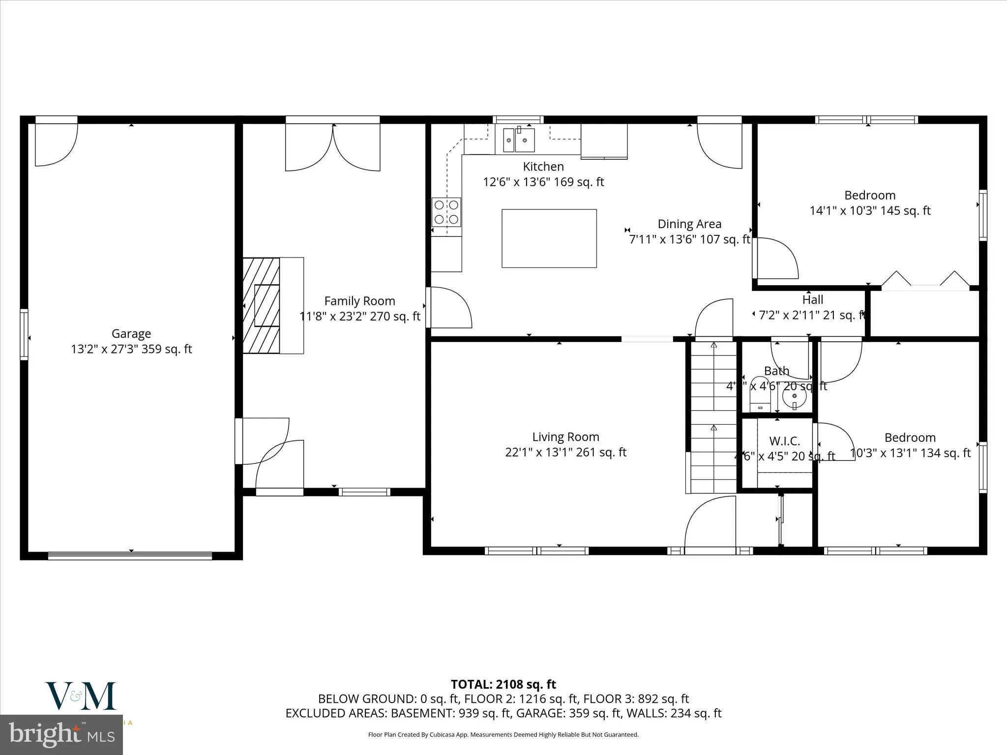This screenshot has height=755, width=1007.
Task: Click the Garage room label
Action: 131,334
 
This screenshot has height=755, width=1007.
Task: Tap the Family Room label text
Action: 359,301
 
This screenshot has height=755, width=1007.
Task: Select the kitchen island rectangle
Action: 549,238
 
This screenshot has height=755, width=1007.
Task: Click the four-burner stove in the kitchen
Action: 446,212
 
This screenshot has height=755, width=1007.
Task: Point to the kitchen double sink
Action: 519,140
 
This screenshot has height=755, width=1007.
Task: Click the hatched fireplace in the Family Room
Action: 262,305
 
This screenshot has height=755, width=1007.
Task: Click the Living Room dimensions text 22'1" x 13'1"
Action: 565,452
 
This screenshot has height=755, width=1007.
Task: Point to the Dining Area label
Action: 689,224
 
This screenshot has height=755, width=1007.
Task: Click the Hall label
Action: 813,299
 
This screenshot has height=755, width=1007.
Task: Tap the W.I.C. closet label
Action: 784,441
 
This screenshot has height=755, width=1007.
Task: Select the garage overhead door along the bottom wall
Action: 130,556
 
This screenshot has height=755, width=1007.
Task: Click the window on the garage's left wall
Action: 24,334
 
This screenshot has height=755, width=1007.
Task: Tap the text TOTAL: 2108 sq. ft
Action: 503,684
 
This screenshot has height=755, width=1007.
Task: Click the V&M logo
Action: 81,696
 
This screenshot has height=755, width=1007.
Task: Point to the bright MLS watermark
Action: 61,735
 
